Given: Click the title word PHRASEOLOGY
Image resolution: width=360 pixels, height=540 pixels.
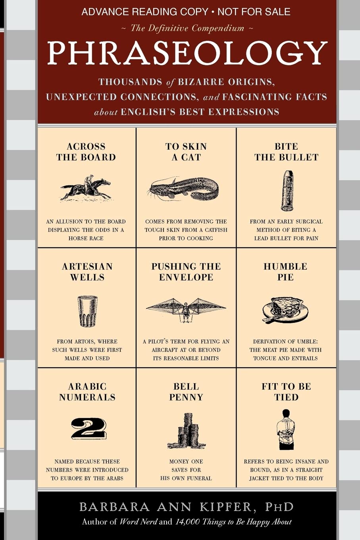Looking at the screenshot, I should point(187,54).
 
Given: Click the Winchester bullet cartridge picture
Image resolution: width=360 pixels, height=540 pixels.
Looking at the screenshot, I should point(287,191).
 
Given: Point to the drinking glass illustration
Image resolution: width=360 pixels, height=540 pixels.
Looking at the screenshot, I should point(87,311).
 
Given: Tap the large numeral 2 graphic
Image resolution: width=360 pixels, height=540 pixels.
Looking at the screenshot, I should point(89,428).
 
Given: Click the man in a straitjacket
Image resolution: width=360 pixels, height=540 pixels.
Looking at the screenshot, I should point(285,430).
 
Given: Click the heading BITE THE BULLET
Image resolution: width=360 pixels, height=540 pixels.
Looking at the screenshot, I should point(286,152).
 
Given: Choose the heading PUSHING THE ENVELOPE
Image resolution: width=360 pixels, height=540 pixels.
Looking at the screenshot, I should point(186,272).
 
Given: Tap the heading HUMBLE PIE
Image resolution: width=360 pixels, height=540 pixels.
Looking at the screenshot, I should point(285,272).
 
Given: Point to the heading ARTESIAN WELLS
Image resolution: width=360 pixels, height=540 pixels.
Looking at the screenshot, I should point(87,272).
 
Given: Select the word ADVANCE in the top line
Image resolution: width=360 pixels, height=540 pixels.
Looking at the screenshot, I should point(106,12).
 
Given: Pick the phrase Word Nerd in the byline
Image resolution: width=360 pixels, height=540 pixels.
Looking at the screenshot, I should point(138,522).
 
